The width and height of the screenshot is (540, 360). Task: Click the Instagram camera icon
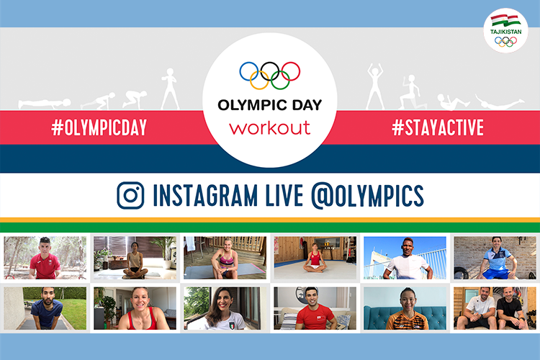coord(130,195)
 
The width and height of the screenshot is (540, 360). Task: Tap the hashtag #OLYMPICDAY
coord(99,127)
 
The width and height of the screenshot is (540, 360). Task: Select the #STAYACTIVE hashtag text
coord(438,127)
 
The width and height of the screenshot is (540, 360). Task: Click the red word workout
coord(270,128)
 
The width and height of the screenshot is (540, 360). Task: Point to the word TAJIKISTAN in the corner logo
coord(505,32)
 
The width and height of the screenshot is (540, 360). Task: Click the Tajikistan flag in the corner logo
coord(505,20)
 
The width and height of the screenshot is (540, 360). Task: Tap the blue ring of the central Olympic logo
coord(249,71)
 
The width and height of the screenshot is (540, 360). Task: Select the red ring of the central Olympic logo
coord(291,71)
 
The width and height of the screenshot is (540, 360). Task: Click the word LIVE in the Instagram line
coord(284,195)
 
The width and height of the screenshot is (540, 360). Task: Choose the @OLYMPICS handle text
coord(367,196)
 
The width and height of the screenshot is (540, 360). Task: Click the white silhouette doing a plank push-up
coord(45,104)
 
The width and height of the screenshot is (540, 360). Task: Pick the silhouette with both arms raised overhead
coord(374,86)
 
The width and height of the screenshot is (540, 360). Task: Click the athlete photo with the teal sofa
coord(405,308)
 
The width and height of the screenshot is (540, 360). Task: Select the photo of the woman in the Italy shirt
coord(225,308)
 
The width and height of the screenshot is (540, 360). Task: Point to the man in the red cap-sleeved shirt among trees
coord(45,258)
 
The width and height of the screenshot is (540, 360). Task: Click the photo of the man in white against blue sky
coord(405,258)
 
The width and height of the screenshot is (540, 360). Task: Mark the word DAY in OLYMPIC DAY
coord(307,105)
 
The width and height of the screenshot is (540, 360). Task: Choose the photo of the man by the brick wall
coord(495,258)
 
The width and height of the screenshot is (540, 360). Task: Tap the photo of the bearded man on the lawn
coord(45,308)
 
